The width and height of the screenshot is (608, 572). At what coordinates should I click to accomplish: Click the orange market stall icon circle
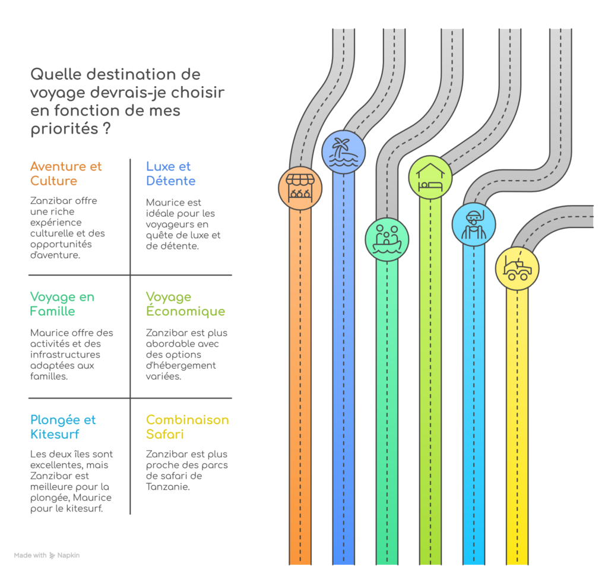pyautogui.click(x=300, y=188)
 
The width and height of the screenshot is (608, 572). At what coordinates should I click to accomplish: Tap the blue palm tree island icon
pyautogui.click(x=344, y=152)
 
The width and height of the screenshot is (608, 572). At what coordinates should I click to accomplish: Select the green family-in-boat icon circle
pyautogui.click(x=387, y=239)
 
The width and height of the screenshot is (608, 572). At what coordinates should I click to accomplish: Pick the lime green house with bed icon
pyautogui.click(x=430, y=178)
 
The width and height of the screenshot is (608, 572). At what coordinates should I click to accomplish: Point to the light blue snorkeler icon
pyautogui.click(x=474, y=225)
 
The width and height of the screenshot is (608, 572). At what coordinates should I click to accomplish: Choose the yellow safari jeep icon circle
pyautogui.click(x=517, y=268)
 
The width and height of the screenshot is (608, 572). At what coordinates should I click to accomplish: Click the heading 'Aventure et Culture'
pyautogui.click(x=66, y=173)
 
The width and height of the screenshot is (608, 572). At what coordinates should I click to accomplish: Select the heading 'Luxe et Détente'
pyautogui.click(x=170, y=173)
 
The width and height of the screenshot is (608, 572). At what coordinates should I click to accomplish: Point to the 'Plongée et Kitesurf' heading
pyautogui.click(x=63, y=427)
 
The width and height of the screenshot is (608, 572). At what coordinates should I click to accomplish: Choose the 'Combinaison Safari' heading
pyautogui.click(x=187, y=427)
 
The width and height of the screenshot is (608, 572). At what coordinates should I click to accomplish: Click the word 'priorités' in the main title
pyautogui.click(x=64, y=129)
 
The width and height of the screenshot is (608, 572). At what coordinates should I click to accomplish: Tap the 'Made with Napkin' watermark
pyautogui.click(x=46, y=555)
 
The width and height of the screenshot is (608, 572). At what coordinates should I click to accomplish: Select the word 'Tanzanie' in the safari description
pyautogui.click(x=168, y=486)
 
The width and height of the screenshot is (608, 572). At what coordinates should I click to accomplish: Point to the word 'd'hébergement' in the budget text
pyautogui.click(x=180, y=365)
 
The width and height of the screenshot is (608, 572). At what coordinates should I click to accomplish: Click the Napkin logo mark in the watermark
pyautogui.click(x=52, y=556)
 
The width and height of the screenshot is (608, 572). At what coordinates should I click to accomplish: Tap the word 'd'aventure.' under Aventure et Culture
pyautogui.click(x=55, y=255)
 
